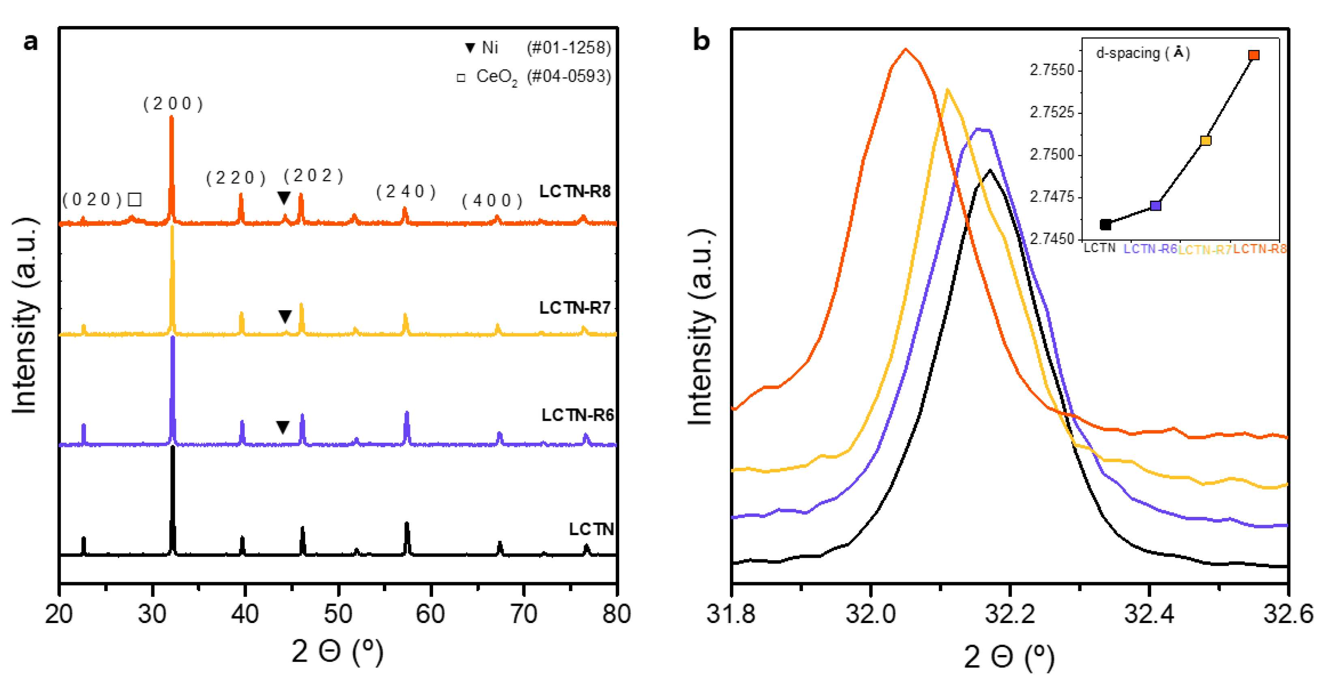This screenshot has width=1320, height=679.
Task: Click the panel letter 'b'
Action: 701,40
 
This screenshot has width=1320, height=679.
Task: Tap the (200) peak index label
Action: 173,104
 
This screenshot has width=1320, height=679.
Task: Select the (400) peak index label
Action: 492,201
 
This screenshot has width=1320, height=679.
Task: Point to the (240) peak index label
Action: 406,191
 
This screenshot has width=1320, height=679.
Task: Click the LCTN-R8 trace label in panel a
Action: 574,191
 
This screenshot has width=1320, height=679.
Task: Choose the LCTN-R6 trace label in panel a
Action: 577,415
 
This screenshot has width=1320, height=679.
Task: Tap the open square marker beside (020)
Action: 135,199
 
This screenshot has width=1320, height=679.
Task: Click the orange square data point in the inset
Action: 1253,55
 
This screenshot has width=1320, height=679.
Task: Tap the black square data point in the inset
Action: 1105,224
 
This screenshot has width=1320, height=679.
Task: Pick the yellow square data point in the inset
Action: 1206,140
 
